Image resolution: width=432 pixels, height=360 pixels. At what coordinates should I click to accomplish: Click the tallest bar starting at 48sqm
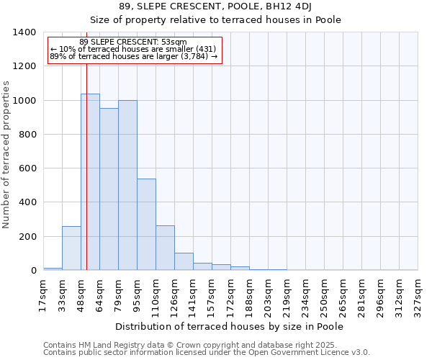90,182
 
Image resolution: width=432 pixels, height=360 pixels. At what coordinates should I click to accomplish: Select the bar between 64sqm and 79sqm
109,189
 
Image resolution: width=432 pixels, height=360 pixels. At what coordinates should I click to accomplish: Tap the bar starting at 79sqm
127,185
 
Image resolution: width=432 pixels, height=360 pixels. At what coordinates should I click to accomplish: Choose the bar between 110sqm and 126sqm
165,248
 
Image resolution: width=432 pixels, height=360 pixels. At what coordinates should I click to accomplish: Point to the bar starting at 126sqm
184,261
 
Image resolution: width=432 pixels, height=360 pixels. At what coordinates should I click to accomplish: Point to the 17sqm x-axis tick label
43,293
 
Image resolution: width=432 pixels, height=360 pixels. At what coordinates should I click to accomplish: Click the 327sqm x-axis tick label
418,293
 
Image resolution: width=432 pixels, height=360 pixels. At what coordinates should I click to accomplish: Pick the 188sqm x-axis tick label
249,293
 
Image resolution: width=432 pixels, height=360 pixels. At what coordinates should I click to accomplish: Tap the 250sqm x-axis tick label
324,293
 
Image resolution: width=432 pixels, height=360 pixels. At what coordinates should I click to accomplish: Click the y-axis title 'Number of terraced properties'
6,155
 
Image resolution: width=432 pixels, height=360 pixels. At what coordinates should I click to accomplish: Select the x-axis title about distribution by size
230,326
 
